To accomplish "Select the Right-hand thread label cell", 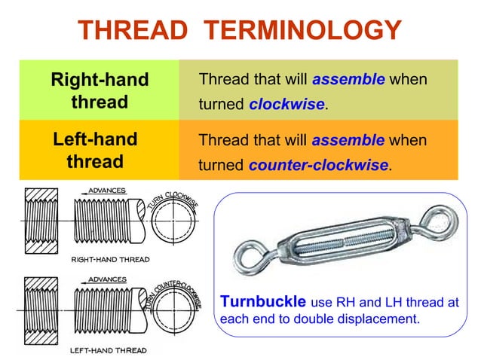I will [x=99, y=90].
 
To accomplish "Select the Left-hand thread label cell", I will [x=95, y=151].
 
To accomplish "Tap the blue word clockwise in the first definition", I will [x=286, y=104].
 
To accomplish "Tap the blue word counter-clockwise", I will [x=317, y=165].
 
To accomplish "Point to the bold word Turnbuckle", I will [x=262, y=302].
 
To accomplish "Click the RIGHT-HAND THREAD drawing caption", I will [x=109, y=259].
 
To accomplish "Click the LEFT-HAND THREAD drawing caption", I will [x=108, y=350].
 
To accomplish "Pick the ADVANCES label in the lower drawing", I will [x=107, y=279].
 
